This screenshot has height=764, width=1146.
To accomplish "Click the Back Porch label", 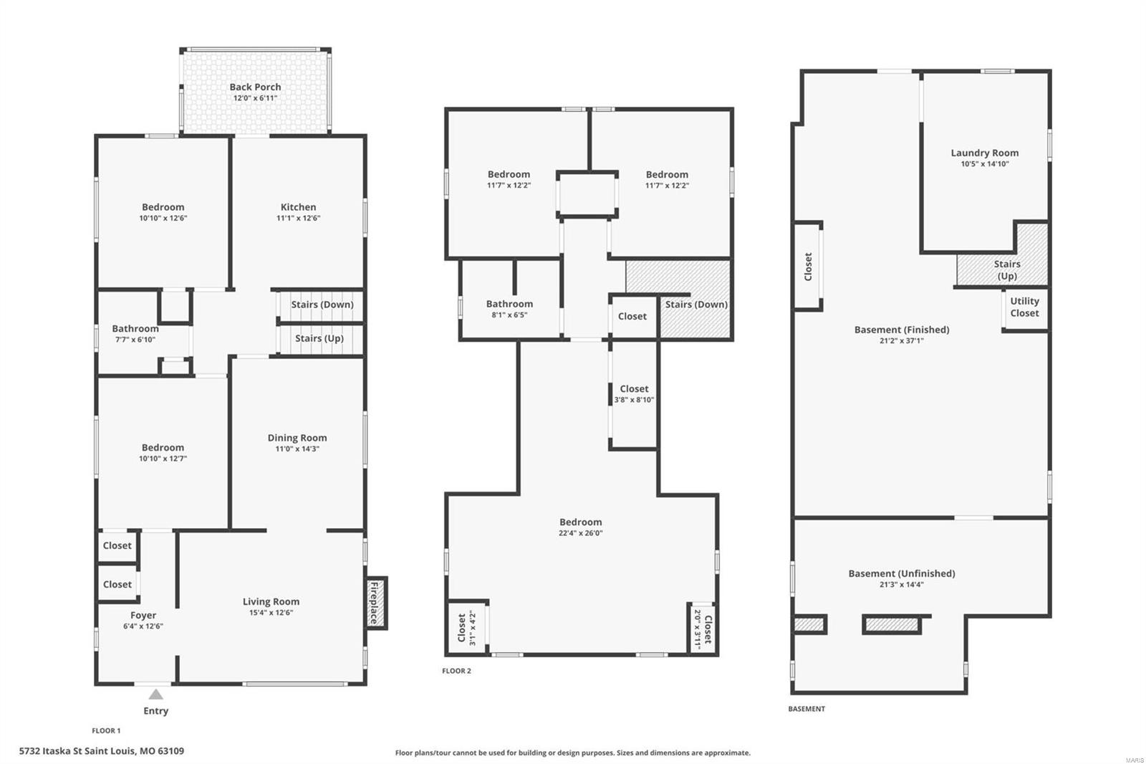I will (255, 87).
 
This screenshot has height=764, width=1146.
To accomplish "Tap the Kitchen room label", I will (298, 207).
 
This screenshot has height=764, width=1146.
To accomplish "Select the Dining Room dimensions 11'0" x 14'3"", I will (297, 449).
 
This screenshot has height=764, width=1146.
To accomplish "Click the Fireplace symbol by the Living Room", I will (375, 603).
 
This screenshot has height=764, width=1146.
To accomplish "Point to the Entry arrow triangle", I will (155, 694).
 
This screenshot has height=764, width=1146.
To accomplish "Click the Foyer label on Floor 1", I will (143, 615).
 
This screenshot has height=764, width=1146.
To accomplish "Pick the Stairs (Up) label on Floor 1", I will (319, 338).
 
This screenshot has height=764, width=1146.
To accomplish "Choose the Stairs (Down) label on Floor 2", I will (695, 304).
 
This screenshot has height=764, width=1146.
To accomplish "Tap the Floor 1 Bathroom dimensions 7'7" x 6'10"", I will (135, 340).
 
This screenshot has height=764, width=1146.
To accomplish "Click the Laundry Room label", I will (984, 153).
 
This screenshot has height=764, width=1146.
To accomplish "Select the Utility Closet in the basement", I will (1024, 307).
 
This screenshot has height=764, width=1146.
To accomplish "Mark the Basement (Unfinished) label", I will (902, 573).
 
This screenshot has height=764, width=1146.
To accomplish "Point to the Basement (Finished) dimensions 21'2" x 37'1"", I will (902, 341).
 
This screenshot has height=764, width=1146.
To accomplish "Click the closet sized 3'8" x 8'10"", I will (634, 395).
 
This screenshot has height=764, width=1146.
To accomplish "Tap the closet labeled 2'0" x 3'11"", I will (703, 629).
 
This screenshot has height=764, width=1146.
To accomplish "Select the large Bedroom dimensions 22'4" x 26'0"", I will (580, 533).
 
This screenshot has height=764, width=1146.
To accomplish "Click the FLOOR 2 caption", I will (456, 671).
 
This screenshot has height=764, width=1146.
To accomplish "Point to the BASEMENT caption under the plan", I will (806, 709).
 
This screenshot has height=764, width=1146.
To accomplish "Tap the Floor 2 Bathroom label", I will (509, 304).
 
